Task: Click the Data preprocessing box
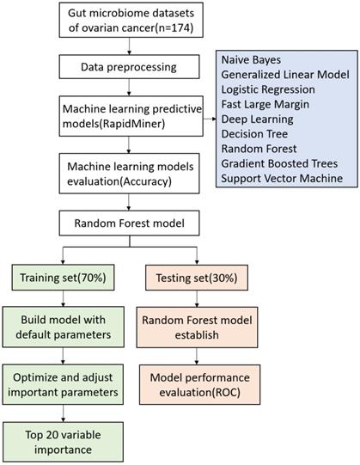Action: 129,67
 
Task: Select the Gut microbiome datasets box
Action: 131,20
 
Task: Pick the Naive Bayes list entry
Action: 251,60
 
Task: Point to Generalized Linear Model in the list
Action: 285,75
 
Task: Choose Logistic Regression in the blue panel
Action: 268,89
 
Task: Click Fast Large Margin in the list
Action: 265,104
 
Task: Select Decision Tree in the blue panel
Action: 254,134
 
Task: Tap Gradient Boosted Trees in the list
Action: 279,163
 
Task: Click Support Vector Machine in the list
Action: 282,178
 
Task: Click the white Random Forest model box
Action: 129,223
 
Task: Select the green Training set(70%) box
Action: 63,278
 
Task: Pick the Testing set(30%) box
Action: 197,278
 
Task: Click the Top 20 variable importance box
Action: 63,442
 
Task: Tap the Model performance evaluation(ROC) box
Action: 199,384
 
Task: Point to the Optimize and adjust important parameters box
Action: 63,384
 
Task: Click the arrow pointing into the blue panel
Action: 210,119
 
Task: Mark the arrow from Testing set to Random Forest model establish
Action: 197,298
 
